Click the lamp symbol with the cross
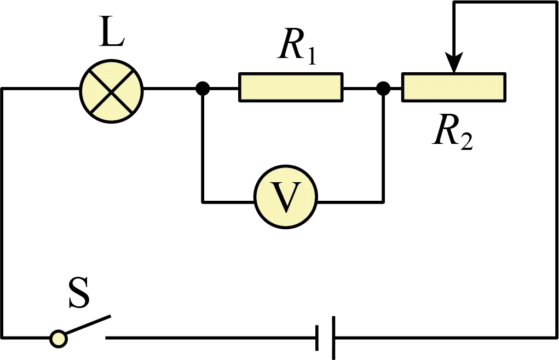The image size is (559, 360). point(111,92)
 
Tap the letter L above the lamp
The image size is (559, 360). point(111,36)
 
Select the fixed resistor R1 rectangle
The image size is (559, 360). point(291,88)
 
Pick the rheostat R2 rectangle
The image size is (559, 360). point(454,88)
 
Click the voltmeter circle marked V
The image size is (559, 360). point(286,197)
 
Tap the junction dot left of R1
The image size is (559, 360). point(203,88)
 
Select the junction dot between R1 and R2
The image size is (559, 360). point(383,88)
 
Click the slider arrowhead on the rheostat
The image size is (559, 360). point(453,63)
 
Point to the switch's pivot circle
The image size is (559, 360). point(58,338)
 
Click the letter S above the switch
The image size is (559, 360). point(79,293)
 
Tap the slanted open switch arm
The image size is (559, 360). point(88,325)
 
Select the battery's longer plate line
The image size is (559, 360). point(333,338)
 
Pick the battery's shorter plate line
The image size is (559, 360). point(317,338)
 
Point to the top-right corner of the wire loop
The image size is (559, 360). point(556,2)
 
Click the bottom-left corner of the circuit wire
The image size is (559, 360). point(2,337)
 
